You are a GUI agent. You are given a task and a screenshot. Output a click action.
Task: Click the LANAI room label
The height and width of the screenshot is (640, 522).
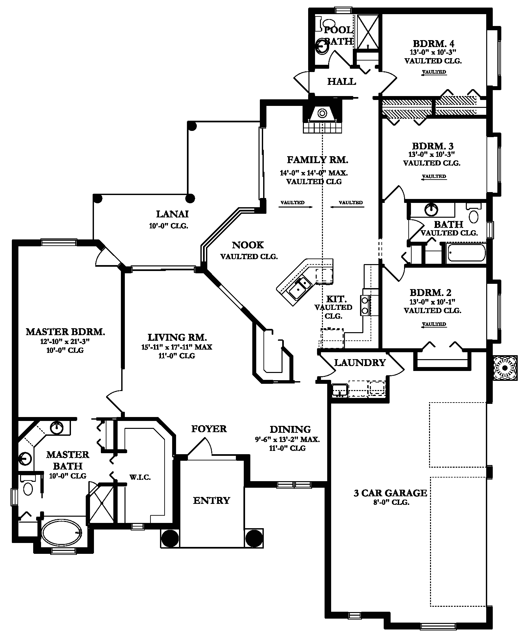172,214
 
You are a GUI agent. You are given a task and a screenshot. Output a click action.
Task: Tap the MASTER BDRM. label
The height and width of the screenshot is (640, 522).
65,332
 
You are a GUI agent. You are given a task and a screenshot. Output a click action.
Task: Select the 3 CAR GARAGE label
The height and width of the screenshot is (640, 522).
390,493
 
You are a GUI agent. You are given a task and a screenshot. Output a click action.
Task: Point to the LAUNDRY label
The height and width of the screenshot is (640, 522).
360,362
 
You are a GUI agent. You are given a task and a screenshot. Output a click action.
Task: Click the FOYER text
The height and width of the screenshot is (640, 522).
209,429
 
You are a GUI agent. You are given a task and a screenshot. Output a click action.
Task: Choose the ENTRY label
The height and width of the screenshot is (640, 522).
212,500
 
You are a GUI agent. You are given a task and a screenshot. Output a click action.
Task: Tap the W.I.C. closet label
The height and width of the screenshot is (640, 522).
140,478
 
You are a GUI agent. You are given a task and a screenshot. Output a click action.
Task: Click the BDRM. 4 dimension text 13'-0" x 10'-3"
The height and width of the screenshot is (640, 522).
434,52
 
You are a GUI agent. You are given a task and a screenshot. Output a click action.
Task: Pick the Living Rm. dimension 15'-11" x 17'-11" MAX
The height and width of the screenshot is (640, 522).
177,347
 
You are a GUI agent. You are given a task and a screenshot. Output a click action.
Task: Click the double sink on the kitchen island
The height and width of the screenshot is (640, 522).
299,286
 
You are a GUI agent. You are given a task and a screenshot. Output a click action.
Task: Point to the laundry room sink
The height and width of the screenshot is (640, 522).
340,390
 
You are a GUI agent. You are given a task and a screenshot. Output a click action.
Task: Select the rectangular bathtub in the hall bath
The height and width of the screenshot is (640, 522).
465,253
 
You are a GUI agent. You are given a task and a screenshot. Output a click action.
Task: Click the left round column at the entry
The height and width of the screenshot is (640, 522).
170,538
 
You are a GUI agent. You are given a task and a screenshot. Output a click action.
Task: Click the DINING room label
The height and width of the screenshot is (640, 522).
290,429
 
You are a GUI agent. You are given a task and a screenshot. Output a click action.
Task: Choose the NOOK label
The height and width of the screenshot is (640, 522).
248,245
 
